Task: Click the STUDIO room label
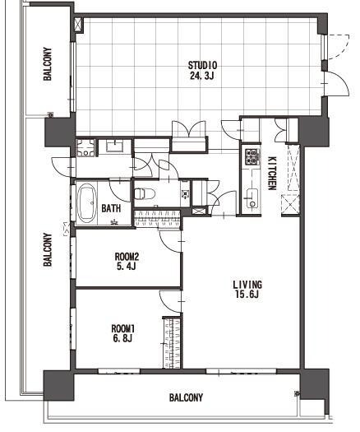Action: tap(202, 66)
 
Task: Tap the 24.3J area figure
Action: tap(201, 76)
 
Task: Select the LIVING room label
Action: tap(247, 285)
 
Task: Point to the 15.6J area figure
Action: tap(247, 295)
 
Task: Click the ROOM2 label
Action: tap(127, 257)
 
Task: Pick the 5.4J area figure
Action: tap(127, 267)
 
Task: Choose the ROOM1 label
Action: tap(123, 328)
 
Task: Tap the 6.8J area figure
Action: tap(122, 338)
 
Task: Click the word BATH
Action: tap(111, 208)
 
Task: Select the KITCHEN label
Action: tap(272, 174)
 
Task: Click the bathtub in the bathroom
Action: tap(86, 203)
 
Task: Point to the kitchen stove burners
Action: tap(252, 157)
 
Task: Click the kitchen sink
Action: tap(252, 198)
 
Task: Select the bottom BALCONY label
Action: tap(186, 397)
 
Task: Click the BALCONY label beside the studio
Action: tap(48, 64)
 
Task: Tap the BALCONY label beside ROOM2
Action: tap(48, 249)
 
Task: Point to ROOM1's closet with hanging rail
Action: tap(173, 343)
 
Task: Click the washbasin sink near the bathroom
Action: tap(115, 146)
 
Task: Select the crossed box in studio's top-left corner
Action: tap(78, 25)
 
